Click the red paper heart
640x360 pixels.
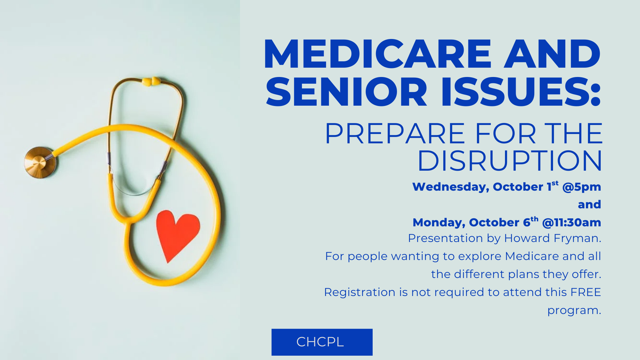[177, 233]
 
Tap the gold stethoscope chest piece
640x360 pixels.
[39, 162]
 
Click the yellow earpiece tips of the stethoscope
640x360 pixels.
[151, 81]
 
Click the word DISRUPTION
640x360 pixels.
[509, 161]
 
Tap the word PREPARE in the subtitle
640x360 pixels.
[395, 134]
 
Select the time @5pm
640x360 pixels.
[581, 187]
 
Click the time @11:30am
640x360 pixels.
[571, 223]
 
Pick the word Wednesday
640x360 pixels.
[450, 187]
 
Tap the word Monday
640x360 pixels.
[439, 223]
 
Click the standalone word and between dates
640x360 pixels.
[589, 204]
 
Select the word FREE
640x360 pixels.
[585, 292]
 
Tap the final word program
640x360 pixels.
[574, 310]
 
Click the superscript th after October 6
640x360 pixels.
[534, 219]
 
